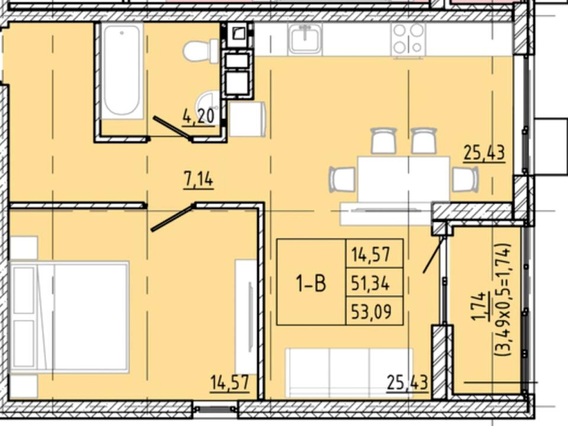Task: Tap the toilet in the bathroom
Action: click(x=201, y=51)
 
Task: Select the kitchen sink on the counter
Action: click(x=305, y=38)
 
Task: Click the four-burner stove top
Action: click(x=408, y=39)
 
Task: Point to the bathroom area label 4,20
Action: click(x=199, y=117)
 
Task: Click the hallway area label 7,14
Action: click(x=199, y=180)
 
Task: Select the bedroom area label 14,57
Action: click(x=230, y=383)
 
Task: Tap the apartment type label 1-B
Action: click(x=311, y=283)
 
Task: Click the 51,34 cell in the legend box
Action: click(x=370, y=283)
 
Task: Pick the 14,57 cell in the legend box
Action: click(x=370, y=254)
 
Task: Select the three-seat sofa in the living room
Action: click(x=349, y=373)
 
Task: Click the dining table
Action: click(x=404, y=179)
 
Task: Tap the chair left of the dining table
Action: click(x=343, y=179)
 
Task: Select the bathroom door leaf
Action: click(x=173, y=128)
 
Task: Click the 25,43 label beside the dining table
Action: click(x=485, y=153)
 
